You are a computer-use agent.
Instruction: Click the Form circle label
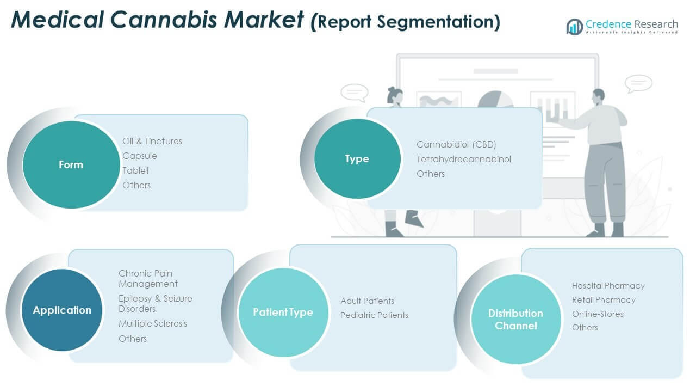pyautogui.click(x=71, y=164)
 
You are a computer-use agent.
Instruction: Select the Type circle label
pyautogui.click(x=357, y=158)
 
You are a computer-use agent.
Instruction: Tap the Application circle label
pyautogui.click(x=62, y=310)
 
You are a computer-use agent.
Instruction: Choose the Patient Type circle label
pyautogui.click(x=283, y=312)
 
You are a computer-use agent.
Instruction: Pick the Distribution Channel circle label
pyautogui.click(x=515, y=320)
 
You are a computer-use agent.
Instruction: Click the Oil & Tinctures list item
pyautogui.click(x=152, y=141)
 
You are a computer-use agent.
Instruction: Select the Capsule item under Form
pyautogui.click(x=140, y=156)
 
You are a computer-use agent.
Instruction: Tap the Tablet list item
pyautogui.click(x=136, y=170)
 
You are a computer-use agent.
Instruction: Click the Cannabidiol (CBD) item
pyautogui.click(x=456, y=144)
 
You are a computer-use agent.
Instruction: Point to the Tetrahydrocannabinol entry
pyautogui.click(x=464, y=159)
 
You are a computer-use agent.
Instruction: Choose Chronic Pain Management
pyautogui.click(x=148, y=278)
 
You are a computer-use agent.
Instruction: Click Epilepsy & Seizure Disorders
pyautogui.click(x=155, y=303)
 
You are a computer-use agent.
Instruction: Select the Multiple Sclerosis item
pyautogui.click(x=153, y=323)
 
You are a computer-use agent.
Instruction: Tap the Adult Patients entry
pyautogui.click(x=367, y=301)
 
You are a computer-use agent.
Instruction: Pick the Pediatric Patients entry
pyautogui.click(x=374, y=315)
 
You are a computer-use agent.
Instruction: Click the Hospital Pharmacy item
pyautogui.click(x=608, y=285)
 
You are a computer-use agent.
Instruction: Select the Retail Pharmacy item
pyautogui.click(x=604, y=299)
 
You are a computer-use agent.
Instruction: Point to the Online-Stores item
pyautogui.click(x=598, y=314)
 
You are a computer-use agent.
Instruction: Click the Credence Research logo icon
pyautogui.click(x=574, y=27)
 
